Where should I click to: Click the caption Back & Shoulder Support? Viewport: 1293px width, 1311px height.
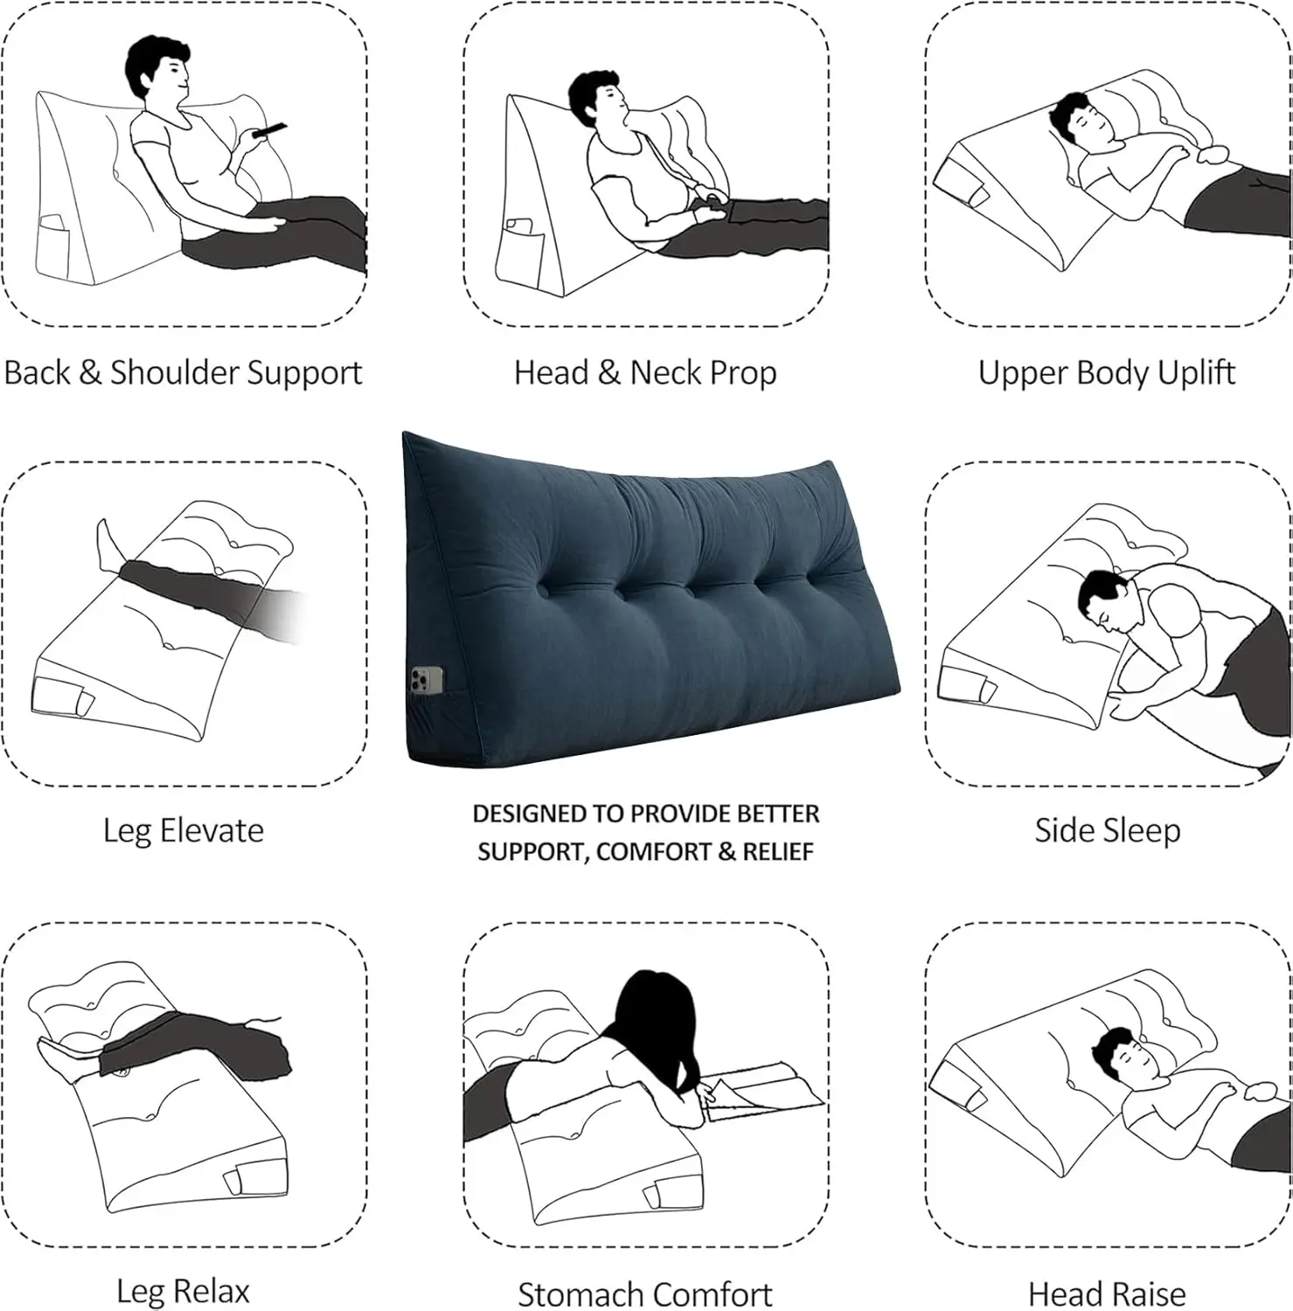[183, 373]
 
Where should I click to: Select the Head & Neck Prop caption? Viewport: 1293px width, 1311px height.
[645, 373]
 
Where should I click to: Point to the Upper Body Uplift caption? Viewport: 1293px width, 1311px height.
[1107, 373]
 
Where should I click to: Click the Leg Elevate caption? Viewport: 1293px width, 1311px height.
[183, 830]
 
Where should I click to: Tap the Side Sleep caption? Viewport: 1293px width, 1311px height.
[1107, 830]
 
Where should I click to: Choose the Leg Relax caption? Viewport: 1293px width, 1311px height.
[183, 1291]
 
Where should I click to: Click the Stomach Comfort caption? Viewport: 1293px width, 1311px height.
[645, 1294]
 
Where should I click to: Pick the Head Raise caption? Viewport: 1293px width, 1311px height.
[1107, 1294]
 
